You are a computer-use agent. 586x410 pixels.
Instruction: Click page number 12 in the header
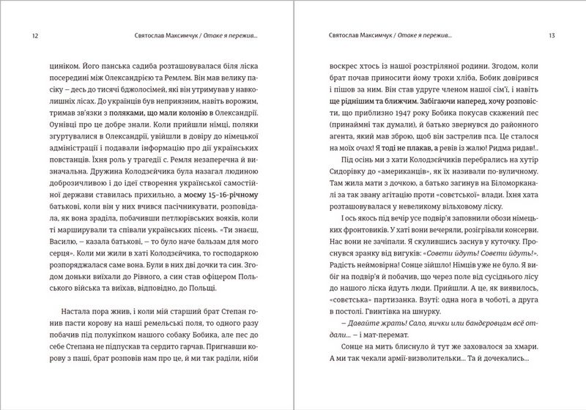pyautogui.click(x=29, y=34)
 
